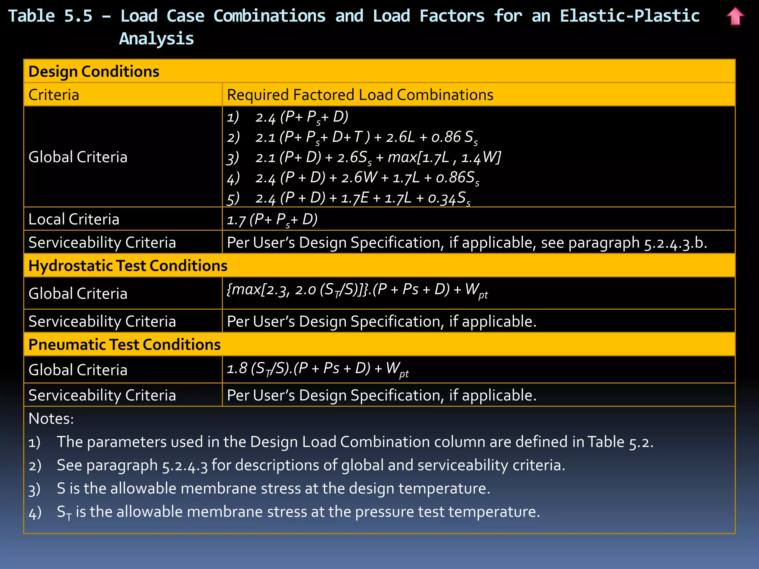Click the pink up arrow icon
735,16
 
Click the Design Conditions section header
94,71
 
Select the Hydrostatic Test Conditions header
128,266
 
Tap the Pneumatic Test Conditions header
125,345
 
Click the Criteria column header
54,95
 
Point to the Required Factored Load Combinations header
360,95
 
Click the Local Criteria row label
74,219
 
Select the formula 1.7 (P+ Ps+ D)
272,220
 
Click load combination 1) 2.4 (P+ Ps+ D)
288,117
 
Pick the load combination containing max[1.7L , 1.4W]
364,158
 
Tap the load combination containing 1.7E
348,199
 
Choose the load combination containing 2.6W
352,178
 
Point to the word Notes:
51,419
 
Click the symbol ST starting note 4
64,513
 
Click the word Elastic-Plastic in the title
629,16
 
